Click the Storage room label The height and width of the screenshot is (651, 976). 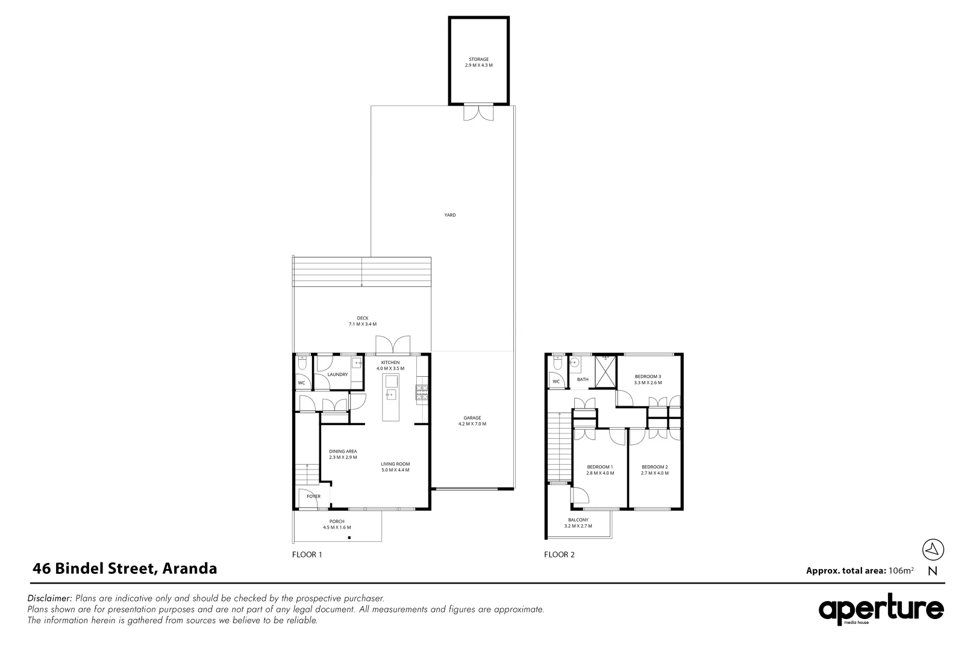tap(479, 62)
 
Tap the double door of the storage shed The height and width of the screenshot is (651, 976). tap(479, 113)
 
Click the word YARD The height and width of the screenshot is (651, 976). tap(450, 215)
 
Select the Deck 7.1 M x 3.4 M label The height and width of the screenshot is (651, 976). tap(362, 321)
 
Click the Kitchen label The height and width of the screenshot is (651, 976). tap(390, 365)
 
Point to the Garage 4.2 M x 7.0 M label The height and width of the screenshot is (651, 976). tap(472, 421)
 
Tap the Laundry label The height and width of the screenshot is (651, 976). tap(337, 374)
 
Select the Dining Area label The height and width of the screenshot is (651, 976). tap(343, 454)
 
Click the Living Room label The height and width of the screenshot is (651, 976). tap(395, 467)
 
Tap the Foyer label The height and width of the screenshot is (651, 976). tap(313, 496)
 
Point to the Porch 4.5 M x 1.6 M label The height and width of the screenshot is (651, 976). tap(337, 524)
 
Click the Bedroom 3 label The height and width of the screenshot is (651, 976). tap(648, 380)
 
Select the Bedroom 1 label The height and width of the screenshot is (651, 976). tap(600, 470)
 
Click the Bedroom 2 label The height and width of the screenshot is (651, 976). tap(654, 470)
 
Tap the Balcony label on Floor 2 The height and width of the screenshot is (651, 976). tap(578, 523)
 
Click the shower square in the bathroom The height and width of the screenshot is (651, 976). tap(605, 371)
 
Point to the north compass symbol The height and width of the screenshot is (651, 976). tap(933, 549)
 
